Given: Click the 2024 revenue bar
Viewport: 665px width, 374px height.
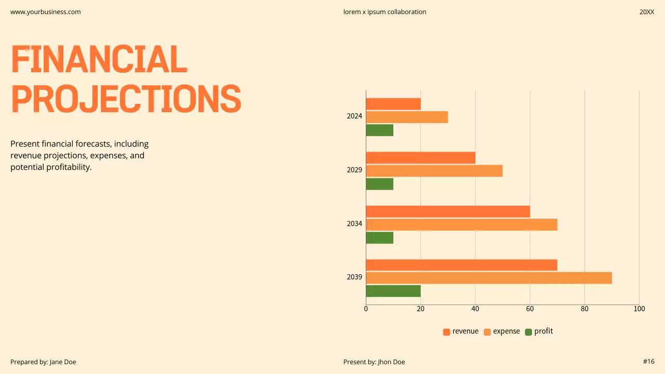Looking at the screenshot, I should point(393,104).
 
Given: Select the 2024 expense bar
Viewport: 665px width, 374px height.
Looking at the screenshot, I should point(407,117).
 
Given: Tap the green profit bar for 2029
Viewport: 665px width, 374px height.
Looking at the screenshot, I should point(379,184).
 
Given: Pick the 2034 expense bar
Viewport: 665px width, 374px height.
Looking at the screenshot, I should point(461,224).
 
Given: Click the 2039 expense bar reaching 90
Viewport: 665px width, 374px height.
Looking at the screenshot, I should point(488,278).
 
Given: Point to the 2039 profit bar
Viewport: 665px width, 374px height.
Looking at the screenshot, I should point(393,291).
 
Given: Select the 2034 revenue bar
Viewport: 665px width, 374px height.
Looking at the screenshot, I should point(448,211).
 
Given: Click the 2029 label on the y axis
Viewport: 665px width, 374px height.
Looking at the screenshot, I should point(354,170).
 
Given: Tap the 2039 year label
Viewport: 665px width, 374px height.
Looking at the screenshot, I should point(354,277).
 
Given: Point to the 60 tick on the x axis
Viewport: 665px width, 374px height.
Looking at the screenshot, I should point(530,309).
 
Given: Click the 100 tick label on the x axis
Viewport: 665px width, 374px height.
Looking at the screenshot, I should point(639,309).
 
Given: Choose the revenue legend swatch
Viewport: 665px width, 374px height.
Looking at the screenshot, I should point(446,332).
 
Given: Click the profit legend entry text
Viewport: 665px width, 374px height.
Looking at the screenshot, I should point(543,331).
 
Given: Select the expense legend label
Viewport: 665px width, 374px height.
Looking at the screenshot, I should point(506,331).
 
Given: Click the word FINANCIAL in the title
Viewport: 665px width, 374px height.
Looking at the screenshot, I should point(99,59).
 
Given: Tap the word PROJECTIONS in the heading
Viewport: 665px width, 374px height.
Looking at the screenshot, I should point(126,99).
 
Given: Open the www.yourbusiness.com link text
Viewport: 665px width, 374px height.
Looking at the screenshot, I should point(46,12).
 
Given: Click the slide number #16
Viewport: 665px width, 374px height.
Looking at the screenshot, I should point(648,362).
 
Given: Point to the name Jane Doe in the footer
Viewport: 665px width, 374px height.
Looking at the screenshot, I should point(63,362).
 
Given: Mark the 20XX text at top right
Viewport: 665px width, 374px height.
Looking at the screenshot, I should point(646,12).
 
